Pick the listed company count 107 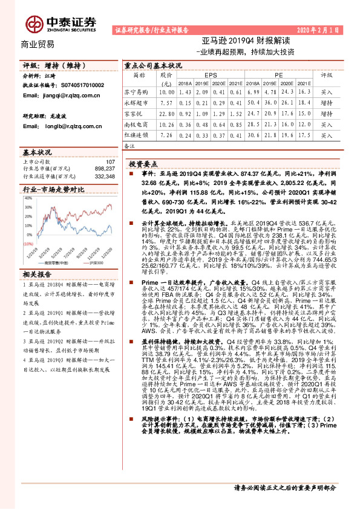tap(110, 162)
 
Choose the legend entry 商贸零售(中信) tap(56, 264)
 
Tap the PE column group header tap(278, 75)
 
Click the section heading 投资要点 tap(143, 163)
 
